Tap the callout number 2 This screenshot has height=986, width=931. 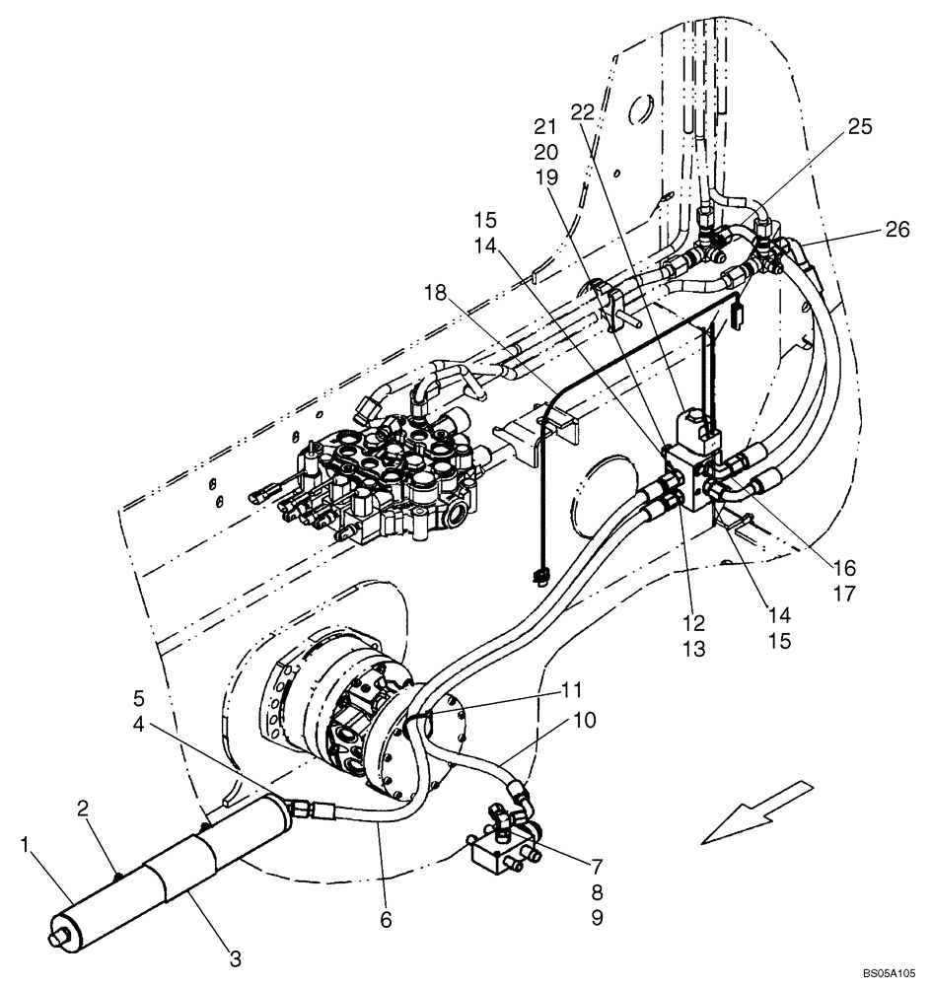click(86, 808)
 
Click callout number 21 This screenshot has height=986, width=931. click(546, 126)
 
